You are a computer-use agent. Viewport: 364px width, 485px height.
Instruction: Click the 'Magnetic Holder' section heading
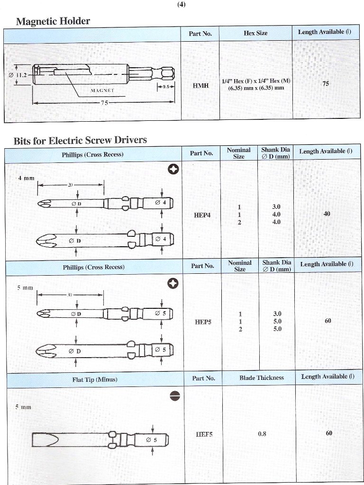53,21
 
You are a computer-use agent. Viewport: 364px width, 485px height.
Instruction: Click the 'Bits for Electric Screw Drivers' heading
80,140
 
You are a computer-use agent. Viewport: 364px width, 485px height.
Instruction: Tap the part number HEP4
202,215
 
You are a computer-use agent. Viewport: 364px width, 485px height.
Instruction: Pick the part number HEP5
202,322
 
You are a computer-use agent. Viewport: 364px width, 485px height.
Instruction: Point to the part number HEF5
204,434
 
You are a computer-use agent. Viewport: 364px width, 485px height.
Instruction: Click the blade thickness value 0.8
262,434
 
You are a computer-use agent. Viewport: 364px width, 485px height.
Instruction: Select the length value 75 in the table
326,83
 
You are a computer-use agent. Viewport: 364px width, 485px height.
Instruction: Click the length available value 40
327,214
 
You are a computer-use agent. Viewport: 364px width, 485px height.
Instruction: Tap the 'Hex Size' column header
255,33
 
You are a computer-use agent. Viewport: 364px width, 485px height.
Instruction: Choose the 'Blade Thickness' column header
261,378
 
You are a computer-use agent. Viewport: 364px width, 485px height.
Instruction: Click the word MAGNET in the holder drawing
102,89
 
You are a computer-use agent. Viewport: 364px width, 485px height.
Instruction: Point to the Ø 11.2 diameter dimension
19,75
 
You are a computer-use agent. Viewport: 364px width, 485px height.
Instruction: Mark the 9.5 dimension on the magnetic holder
166,87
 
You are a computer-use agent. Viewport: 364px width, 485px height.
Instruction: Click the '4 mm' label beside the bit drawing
26,178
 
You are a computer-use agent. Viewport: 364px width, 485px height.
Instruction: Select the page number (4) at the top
182,5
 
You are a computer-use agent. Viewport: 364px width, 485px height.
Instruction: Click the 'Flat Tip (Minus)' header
94,379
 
